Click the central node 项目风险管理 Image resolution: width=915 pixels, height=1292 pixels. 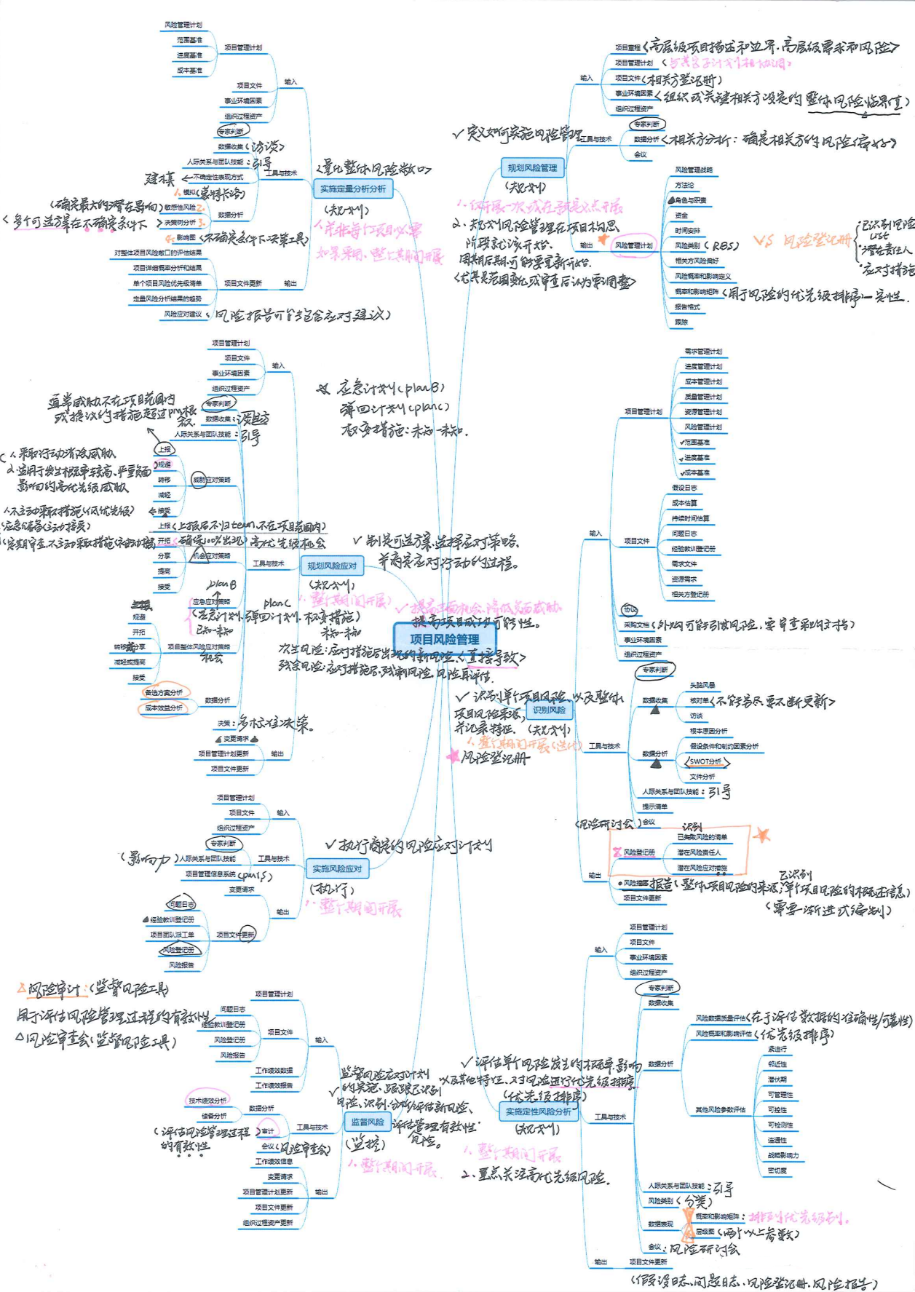pyautogui.click(x=444, y=639)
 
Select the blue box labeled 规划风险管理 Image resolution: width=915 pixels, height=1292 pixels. pyautogui.click(x=532, y=167)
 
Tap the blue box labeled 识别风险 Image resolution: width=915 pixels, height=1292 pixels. pyautogui.click(x=549, y=710)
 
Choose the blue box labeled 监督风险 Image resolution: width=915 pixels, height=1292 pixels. pyautogui.click(x=368, y=1122)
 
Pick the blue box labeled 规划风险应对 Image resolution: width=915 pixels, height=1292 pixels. pyautogui.click(x=332, y=566)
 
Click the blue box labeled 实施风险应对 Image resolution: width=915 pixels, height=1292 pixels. pyautogui.click(x=337, y=868)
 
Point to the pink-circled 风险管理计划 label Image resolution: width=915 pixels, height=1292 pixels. pyautogui.click(x=633, y=245)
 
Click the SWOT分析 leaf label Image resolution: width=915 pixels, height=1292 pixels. pyautogui.click(x=705, y=761)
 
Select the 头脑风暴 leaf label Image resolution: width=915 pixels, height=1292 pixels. pyautogui.click(x=702, y=685)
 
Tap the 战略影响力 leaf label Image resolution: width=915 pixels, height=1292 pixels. pyautogui.click(x=783, y=1155)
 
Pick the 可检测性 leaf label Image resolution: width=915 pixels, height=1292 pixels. pyautogui.click(x=780, y=1125)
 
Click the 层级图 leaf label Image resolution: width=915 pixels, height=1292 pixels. pyautogui.click(x=704, y=1232)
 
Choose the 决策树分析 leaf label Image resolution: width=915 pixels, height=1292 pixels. pyautogui.click(x=180, y=223)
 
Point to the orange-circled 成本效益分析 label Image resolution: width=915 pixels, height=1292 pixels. pyautogui.click(x=164, y=708)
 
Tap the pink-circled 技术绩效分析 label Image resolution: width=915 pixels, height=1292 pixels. pyautogui.click(x=207, y=1101)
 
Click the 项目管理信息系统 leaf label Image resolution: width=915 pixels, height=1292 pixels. pyautogui.click(x=210, y=874)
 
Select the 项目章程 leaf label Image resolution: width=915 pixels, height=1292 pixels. pyautogui.click(x=627, y=47)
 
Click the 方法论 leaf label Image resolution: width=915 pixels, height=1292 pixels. pyautogui.click(x=684, y=185)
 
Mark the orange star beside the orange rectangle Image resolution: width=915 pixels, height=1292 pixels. pyautogui.click(x=761, y=834)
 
